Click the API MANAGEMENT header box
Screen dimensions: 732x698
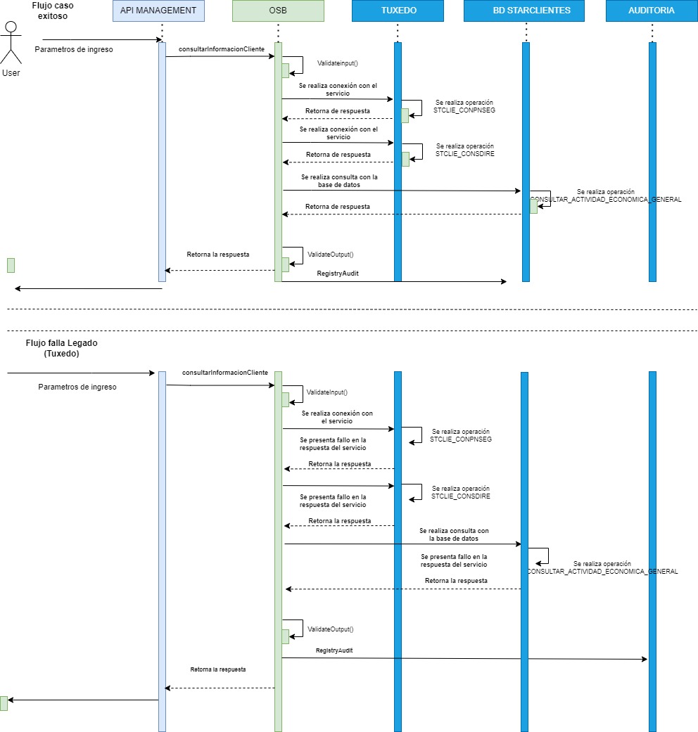158,11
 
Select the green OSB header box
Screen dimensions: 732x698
278,11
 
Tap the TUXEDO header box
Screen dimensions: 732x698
398,11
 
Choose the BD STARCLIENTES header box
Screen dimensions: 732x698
526,11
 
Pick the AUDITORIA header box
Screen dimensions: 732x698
651,11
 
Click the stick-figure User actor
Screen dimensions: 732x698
11,44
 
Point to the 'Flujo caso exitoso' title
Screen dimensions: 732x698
53,10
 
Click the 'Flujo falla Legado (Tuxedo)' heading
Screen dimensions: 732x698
61,348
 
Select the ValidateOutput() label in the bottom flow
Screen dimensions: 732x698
331,629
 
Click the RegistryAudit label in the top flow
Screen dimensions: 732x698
338,274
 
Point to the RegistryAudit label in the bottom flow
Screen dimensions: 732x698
334,651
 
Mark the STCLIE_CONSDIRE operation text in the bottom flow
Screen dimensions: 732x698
460,496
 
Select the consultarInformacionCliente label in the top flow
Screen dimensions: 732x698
221,49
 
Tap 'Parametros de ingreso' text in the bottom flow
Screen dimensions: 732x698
77,387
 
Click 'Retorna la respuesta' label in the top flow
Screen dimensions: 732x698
217,255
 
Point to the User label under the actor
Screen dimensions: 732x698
11,73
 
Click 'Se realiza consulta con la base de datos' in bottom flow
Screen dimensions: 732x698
454,534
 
